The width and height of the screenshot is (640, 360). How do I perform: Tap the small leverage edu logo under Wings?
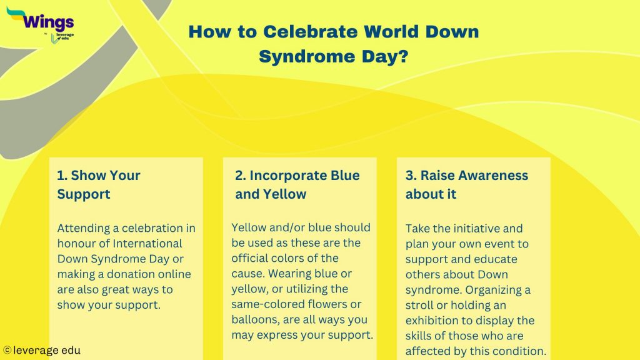click(62, 37)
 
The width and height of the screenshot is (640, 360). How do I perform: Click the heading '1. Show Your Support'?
click(99, 184)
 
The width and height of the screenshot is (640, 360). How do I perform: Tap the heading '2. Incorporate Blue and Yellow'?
click(297, 184)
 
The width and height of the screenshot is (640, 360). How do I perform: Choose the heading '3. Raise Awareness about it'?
click(466, 184)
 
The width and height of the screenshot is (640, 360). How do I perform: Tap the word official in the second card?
click(250, 258)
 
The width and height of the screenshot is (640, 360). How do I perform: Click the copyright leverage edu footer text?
click(42, 351)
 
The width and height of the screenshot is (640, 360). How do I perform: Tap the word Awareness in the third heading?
click(474, 176)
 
